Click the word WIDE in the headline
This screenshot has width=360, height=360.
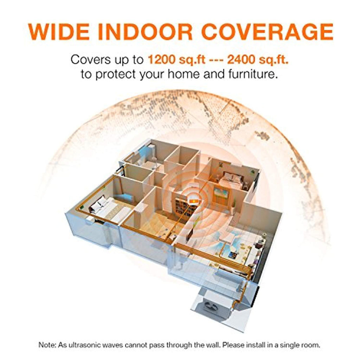coord(59,32)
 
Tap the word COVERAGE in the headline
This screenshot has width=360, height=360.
coord(268,32)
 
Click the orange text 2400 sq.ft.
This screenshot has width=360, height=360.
coord(258,60)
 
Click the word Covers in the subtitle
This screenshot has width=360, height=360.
coord(91,60)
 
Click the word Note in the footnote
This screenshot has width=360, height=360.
coord(47,345)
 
